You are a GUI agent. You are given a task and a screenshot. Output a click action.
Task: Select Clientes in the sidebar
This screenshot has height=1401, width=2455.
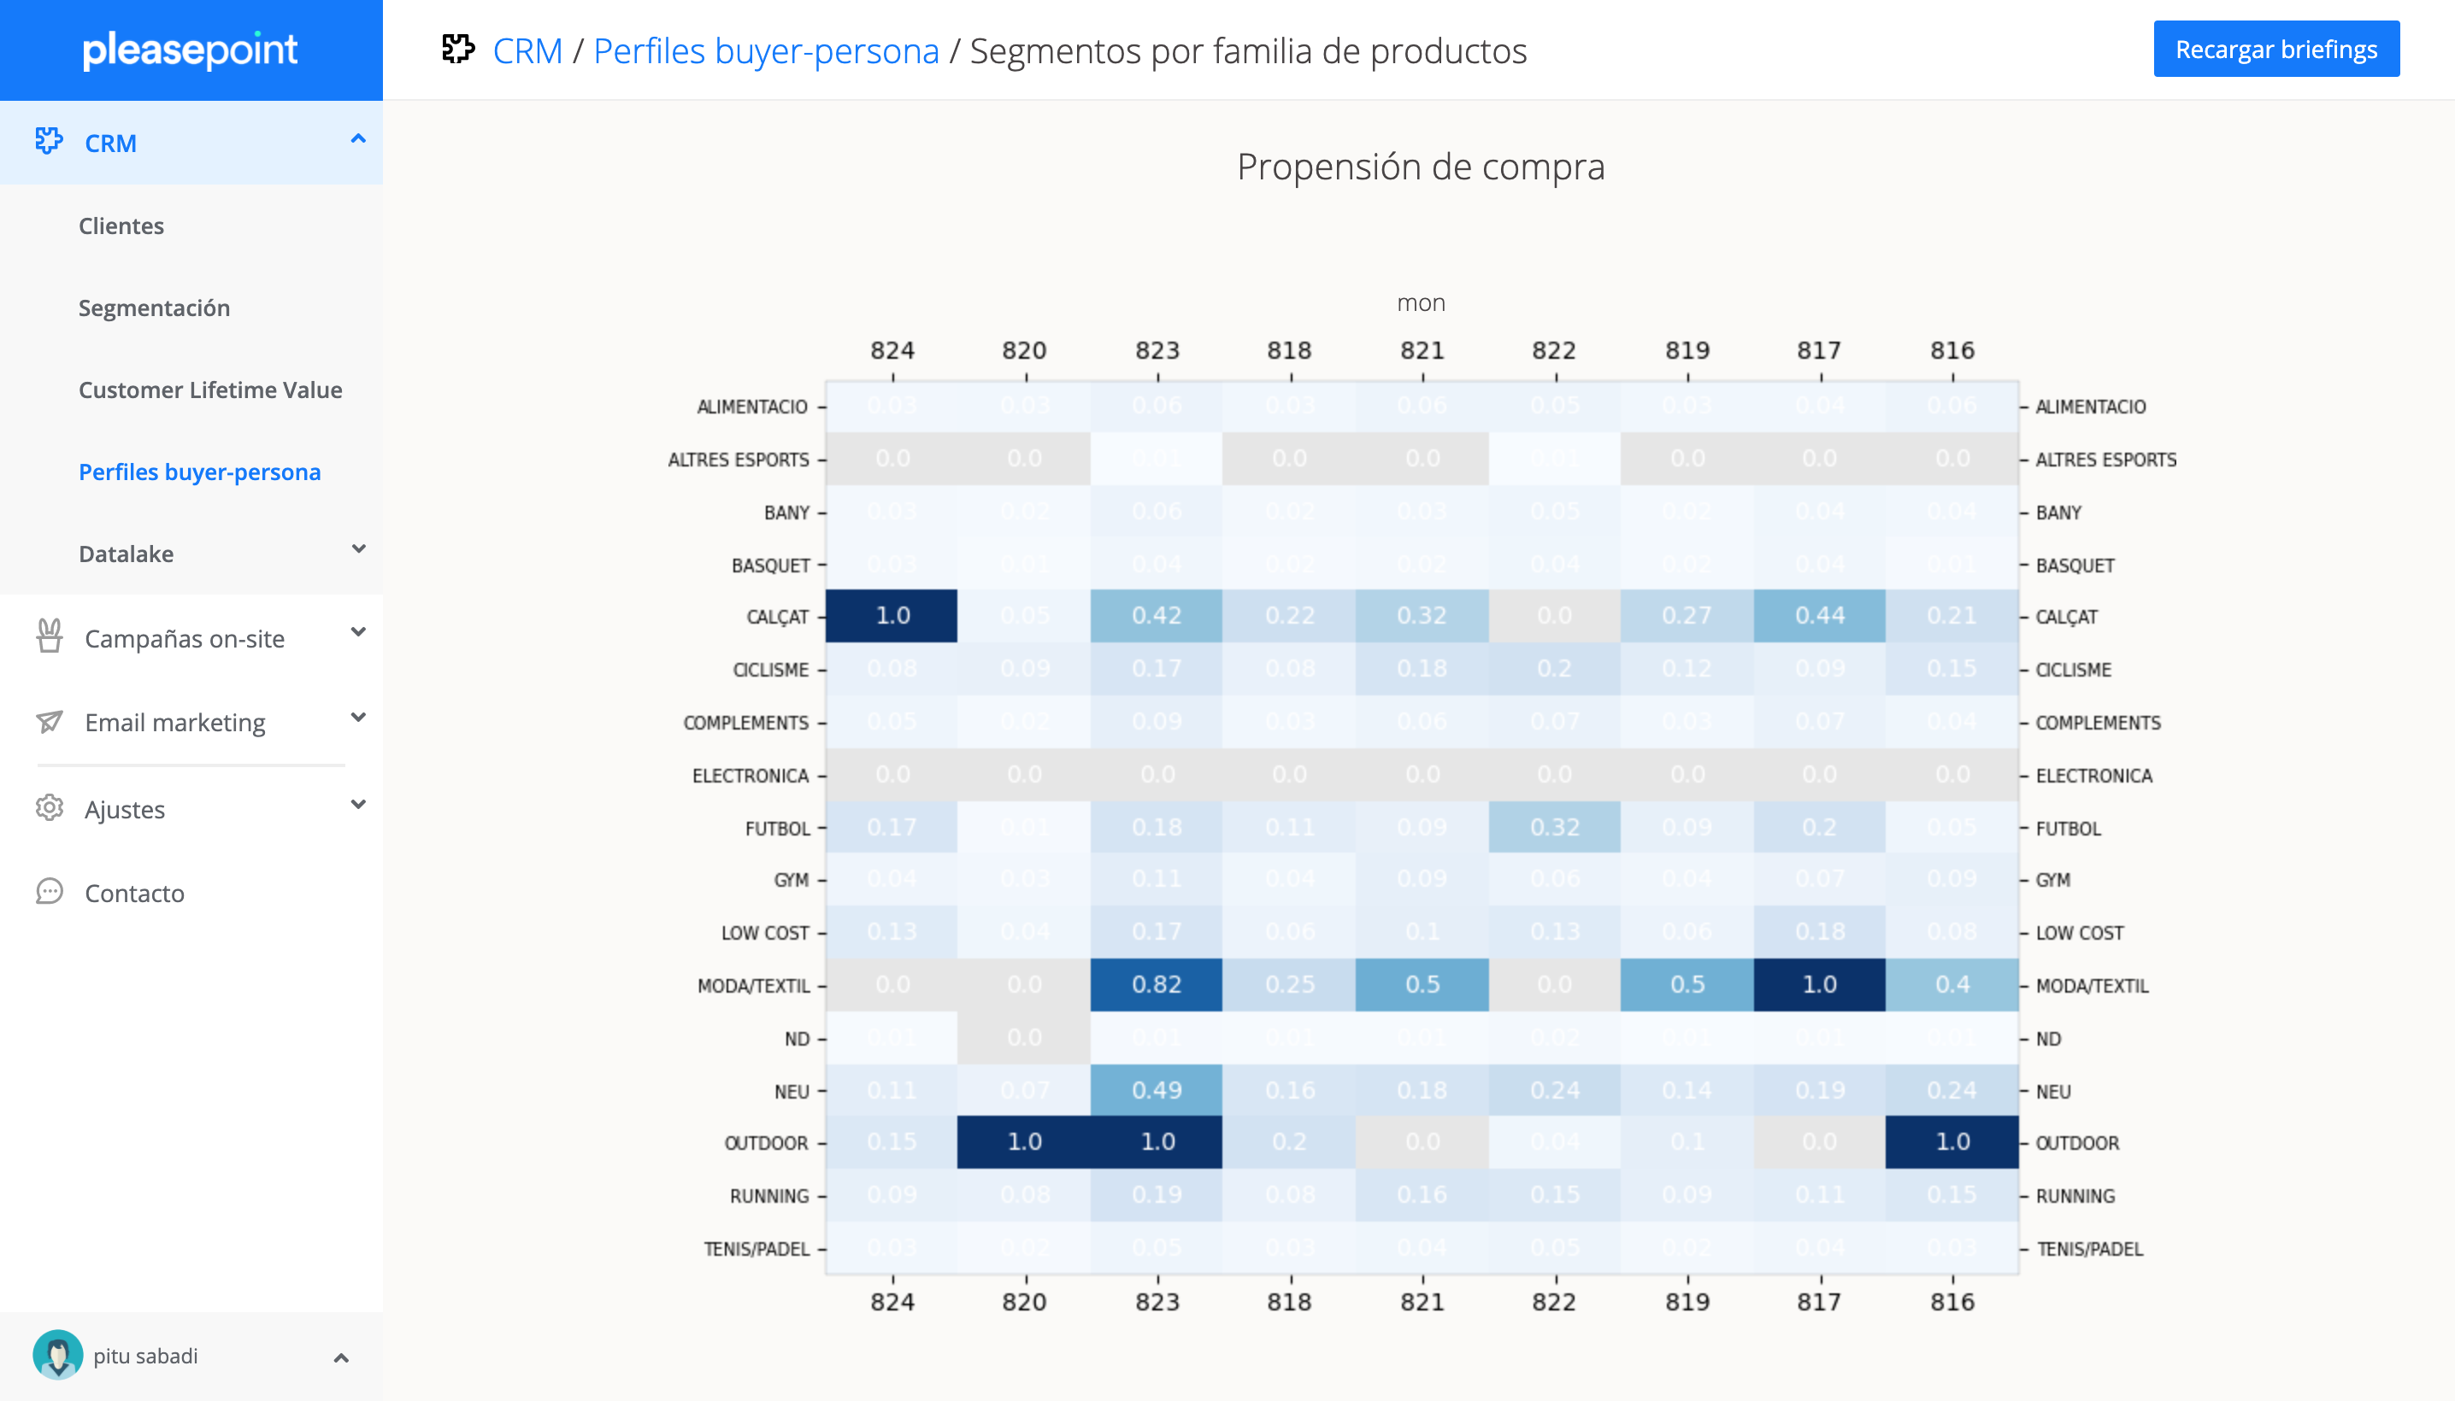(x=121, y=226)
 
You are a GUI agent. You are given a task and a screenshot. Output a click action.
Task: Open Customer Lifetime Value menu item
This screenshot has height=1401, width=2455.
(x=210, y=390)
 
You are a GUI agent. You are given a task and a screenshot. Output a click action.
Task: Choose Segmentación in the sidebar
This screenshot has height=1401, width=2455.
(x=154, y=308)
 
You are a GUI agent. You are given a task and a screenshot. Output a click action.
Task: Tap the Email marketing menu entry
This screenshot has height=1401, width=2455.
(x=175, y=723)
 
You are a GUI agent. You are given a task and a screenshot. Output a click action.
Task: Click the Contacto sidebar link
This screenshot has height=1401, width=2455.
(x=135, y=893)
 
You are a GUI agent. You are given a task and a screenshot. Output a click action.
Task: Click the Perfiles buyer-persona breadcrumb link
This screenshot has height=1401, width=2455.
(x=765, y=51)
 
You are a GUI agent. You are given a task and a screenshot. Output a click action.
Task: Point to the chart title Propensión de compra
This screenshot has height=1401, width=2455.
(x=1420, y=167)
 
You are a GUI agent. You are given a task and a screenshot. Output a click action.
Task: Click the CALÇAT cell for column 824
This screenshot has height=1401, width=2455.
(x=892, y=616)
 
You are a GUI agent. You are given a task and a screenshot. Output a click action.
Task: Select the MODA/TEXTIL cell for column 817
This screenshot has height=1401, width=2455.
(x=1819, y=984)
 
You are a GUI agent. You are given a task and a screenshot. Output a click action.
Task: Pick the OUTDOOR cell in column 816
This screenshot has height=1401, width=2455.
(x=1952, y=1142)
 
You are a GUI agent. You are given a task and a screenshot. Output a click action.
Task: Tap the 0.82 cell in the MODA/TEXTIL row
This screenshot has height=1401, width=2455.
(x=1157, y=984)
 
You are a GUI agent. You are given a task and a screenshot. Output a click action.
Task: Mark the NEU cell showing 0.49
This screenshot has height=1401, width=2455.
(x=1157, y=1090)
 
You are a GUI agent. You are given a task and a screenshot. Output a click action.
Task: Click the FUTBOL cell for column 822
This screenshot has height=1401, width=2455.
(x=1554, y=828)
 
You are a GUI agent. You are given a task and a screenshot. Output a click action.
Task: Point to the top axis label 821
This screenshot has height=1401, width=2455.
(x=1422, y=350)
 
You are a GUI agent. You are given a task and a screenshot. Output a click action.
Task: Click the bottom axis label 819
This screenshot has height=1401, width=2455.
(x=1687, y=1302)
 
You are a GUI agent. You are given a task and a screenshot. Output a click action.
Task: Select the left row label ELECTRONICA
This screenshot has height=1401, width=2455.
(x=750, y=776)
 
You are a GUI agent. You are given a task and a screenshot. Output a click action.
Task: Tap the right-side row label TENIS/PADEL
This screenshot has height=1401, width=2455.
(x=2089, y=1249)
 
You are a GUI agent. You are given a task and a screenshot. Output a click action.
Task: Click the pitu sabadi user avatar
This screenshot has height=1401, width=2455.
(x=58, y=1355)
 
